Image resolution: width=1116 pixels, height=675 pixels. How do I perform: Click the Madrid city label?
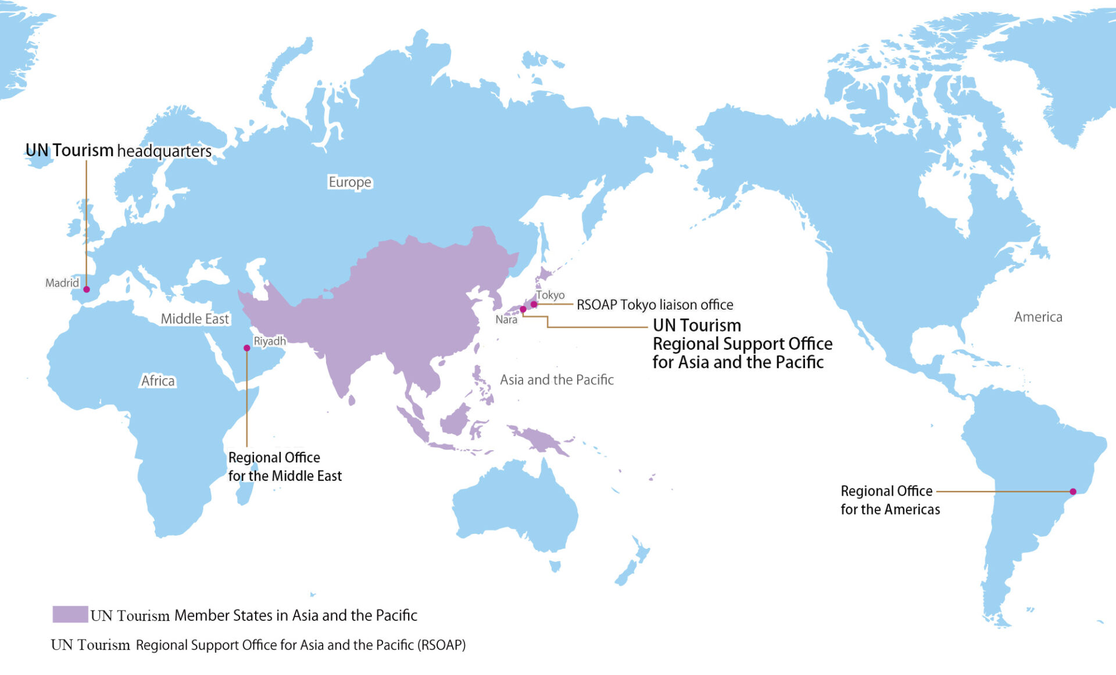(62, 283)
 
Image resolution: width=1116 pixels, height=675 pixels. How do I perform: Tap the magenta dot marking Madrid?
(87, 289)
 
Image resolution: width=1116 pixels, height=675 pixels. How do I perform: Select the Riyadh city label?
(270, 341)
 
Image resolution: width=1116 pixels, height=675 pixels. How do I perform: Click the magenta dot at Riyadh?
(247, 348)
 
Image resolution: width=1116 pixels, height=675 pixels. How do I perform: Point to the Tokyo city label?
(550, 295)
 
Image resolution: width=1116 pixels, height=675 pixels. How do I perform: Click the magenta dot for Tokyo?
(534, 304)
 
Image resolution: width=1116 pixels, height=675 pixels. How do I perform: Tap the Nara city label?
(506, 319)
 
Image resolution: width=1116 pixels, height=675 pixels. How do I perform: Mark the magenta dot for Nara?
(523, 310)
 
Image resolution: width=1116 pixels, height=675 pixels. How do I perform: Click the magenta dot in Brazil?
(1073, 491)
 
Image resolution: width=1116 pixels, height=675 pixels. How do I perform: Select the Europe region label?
(350, 182)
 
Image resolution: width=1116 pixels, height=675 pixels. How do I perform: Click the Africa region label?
(158, 380)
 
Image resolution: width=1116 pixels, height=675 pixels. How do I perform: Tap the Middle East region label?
(195, 319)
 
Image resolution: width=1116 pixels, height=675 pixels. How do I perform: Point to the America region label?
(1038, 317)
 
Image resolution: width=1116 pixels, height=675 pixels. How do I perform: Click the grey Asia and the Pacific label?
(557, 380)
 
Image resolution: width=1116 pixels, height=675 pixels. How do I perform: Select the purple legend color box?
(70, 615)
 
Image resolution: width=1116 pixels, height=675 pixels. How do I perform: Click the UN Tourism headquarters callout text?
(119, 150)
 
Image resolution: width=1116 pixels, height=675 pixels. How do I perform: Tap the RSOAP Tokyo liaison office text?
(655, 304)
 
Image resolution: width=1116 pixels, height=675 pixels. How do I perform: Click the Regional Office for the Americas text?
(890, 500)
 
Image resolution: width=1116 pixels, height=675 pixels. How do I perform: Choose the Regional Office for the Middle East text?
(285, 466)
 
